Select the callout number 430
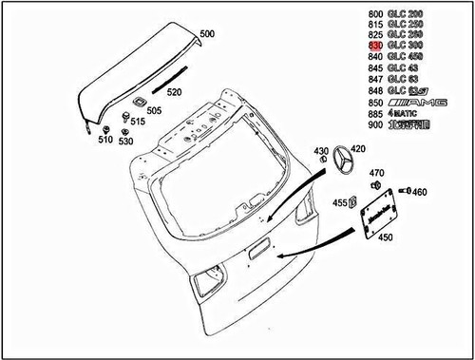[x=320, y=151]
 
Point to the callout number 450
[x=386, y=252]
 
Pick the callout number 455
[x=338, y=202]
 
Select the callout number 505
[x=154, y=110]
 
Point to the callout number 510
[x=104, y=140]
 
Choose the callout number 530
[x=126, y=142]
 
